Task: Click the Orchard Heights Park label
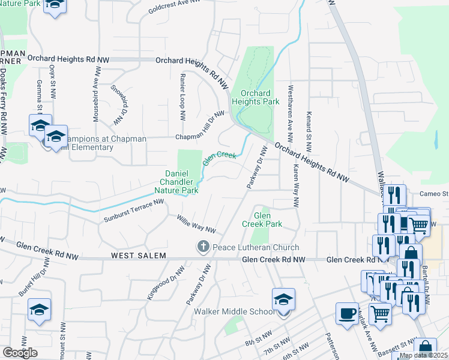[260, 98]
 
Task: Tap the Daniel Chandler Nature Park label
[182, 182]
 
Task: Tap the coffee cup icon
[347, 314]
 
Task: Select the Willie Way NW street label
[196, 224]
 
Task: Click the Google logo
[20, 353]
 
